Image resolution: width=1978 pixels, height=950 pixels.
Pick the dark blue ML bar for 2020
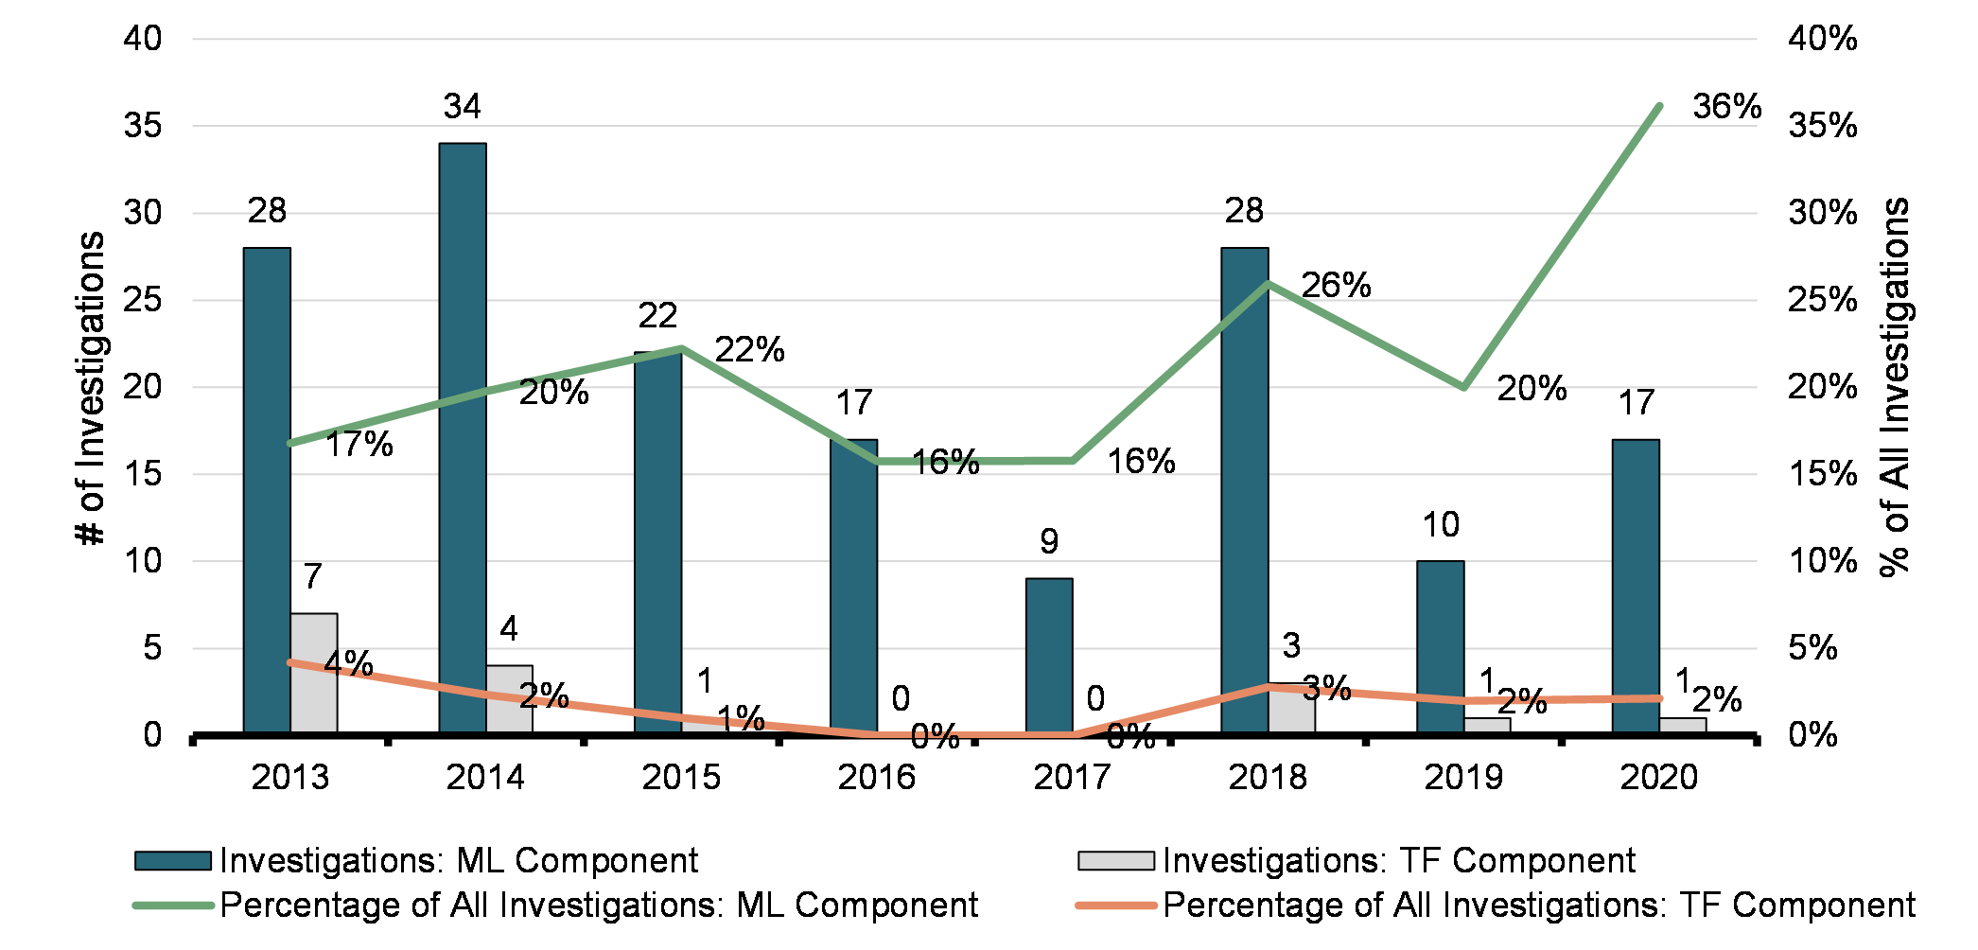(1636, 586)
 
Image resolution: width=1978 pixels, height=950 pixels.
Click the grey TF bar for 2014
(509, 699)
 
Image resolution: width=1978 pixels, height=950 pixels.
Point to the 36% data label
(1726, 107)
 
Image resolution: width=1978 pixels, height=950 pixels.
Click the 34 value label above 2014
(463, 107)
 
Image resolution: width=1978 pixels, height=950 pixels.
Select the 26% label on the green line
(1336, 286)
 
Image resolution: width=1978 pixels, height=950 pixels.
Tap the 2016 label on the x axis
(876, 778)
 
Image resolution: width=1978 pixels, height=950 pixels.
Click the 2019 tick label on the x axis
(1462, 778)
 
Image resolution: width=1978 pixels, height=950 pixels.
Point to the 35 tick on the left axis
(143, 126)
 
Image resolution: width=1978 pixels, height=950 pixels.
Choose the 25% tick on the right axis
(1822, 300)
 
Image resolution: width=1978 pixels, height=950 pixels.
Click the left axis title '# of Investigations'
(91, 388)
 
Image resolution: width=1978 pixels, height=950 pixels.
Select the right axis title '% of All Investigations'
(1895, 388)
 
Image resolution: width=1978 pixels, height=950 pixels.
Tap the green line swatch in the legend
(173, 906)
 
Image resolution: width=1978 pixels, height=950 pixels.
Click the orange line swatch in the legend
(1116, 906)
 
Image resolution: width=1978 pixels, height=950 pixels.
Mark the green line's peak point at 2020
(1659, 106)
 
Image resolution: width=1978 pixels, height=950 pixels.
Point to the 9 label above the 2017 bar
(1049, 542)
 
